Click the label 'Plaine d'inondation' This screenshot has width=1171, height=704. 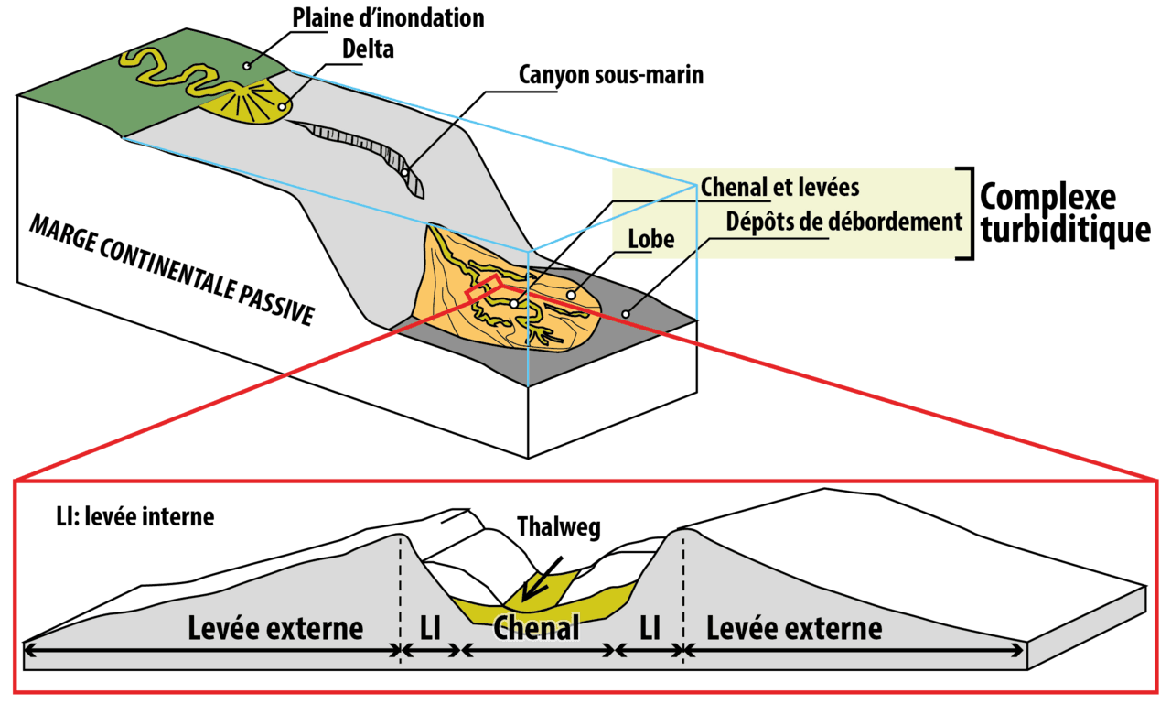387,17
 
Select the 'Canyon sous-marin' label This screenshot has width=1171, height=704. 610,74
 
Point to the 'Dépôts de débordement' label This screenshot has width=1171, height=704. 843,221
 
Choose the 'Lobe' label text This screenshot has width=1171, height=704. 650,240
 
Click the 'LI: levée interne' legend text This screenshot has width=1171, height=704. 134,517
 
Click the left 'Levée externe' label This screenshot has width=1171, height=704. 275,629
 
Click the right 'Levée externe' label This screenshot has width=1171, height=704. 794,629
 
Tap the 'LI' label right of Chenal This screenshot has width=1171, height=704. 650,629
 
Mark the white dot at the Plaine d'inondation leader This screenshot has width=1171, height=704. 247,65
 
